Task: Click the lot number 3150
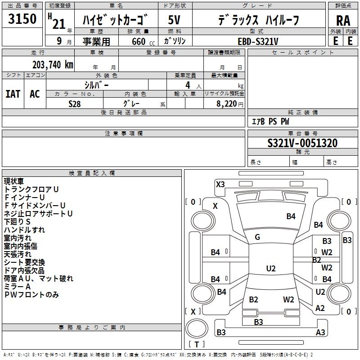pyautogui.click(x=22, y=18)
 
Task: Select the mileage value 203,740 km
pyautogui.click(x=53, y=65)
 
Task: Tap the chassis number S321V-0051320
pyautogui.click(x=302, y=143)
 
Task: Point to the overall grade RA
pyautogui.click(x=343, y=21)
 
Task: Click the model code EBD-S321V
pyautogui.click(x=258, y=41)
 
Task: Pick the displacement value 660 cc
pyautogui.click(x=143, y=42)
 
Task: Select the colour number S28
pyautogui.click(x=74, y=104)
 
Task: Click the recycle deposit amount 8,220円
pyautogui.click(x=230, y=104)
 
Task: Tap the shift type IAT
pyautogui.click(x=13, y=94)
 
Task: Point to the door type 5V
pyautogui.click(x=174, y=20)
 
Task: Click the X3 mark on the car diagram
pyautogui.click(x=220, y=184)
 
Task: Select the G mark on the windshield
pyautogui.click(x=257, y=237)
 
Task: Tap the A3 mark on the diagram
pyautogui.click(x=320, y=332)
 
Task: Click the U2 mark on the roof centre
pyautogui.click(x=271, y=268)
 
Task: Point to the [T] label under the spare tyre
pyautogui.click(x=197, y=344)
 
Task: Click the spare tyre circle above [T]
pyautogui.click(x=197, y=328)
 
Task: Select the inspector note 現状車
pyautogui.click(x=14, y=181)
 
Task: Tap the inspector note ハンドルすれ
pyautogui.click(x=24, y=230)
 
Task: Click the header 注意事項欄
pyautogui.click(x=124, y=133)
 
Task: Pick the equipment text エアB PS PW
pyautogui.click(x=270, y=121)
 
